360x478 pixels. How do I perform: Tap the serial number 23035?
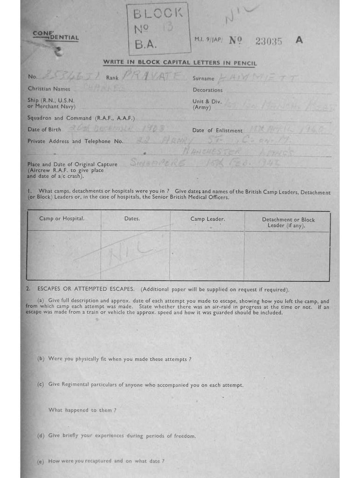(x=269, y=41)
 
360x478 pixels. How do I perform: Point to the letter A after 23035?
(x=299, y=40)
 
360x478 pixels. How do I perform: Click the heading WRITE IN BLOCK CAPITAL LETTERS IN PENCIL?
(x=180, y=63)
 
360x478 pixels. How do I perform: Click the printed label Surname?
(x=203, y=78)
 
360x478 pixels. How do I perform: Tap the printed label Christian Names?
(x=49, y=89)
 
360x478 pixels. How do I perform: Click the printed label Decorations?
(x=208, y=90)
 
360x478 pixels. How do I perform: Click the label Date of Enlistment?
(x=217, y=131)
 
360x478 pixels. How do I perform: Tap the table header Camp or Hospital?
(x=62, y=218)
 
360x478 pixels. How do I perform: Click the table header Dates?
(x=132, y=218)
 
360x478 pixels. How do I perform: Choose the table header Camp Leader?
(x=208, y=218)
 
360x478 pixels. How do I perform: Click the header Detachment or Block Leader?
(x=288, y=222)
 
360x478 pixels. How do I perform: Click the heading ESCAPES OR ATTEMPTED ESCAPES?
(x=86, y=289)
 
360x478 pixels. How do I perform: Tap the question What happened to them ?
(x=82, y=410)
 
